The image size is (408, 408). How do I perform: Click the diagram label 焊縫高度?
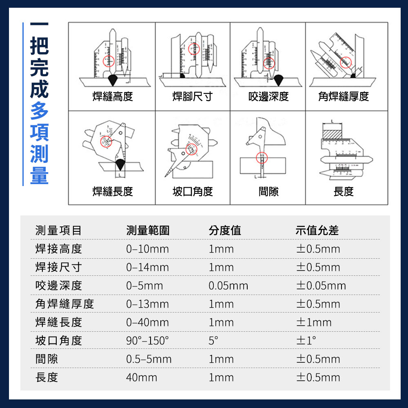click(x=113, y=97)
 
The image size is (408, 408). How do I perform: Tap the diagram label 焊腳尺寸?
click(x=193, y=97)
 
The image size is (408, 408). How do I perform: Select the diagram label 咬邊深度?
click(x=268, y=97)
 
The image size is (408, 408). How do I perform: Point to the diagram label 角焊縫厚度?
click(x=344, y=97)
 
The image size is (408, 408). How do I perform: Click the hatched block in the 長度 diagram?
click(x=332, y=134)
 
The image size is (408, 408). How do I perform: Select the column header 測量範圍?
click(x=148, y=231)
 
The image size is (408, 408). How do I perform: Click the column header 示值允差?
click(x=317, y=231)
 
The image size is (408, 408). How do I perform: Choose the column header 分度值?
click(x=225, y=231)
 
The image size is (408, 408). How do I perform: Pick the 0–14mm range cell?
click(x=148, y=268)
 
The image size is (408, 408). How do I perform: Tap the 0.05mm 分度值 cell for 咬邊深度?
click(x=228, y=286)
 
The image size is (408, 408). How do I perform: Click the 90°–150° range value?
click(x=148, y=341)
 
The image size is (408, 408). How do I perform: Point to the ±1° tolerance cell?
click(x=306, y=341)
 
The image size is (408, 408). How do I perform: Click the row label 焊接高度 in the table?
click(x=59, y=249)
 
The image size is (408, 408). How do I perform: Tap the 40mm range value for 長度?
click(x=142, y=377)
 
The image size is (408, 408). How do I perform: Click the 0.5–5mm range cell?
click(x=149, y=359)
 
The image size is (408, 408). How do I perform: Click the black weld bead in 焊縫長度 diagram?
click(x=120, y=165)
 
